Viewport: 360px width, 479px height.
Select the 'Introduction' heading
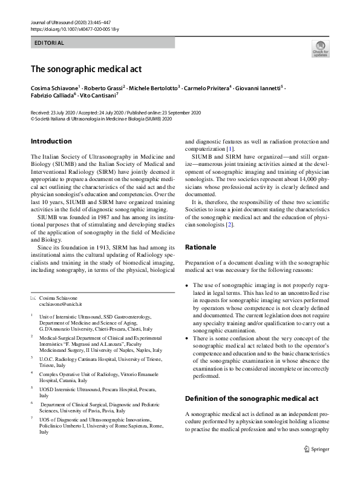(51, 142)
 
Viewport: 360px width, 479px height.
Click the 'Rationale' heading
(201, 247)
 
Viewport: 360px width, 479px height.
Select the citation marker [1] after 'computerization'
(230, 149)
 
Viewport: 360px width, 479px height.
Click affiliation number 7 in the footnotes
(32, 418)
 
